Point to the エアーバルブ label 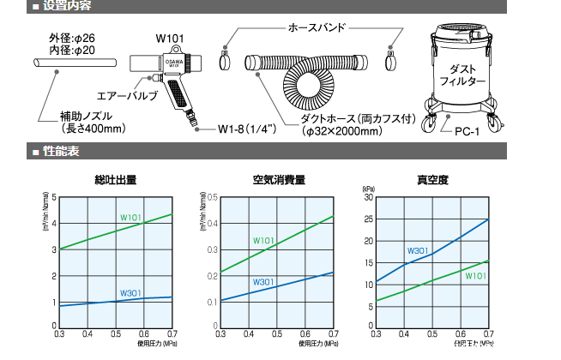pos(128,97)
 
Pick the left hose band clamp pos(225,61)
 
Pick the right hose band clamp pos(395,61)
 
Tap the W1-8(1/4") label pos(244,129)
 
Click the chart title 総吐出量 pos(116,180)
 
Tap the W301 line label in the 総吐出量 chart pos(131,293)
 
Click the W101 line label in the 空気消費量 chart pos(263,240)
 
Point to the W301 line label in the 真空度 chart pos(418,250)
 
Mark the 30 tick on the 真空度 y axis pos(369,197)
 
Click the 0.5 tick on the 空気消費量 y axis pos(212,197)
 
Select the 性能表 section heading pos(62,152)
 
